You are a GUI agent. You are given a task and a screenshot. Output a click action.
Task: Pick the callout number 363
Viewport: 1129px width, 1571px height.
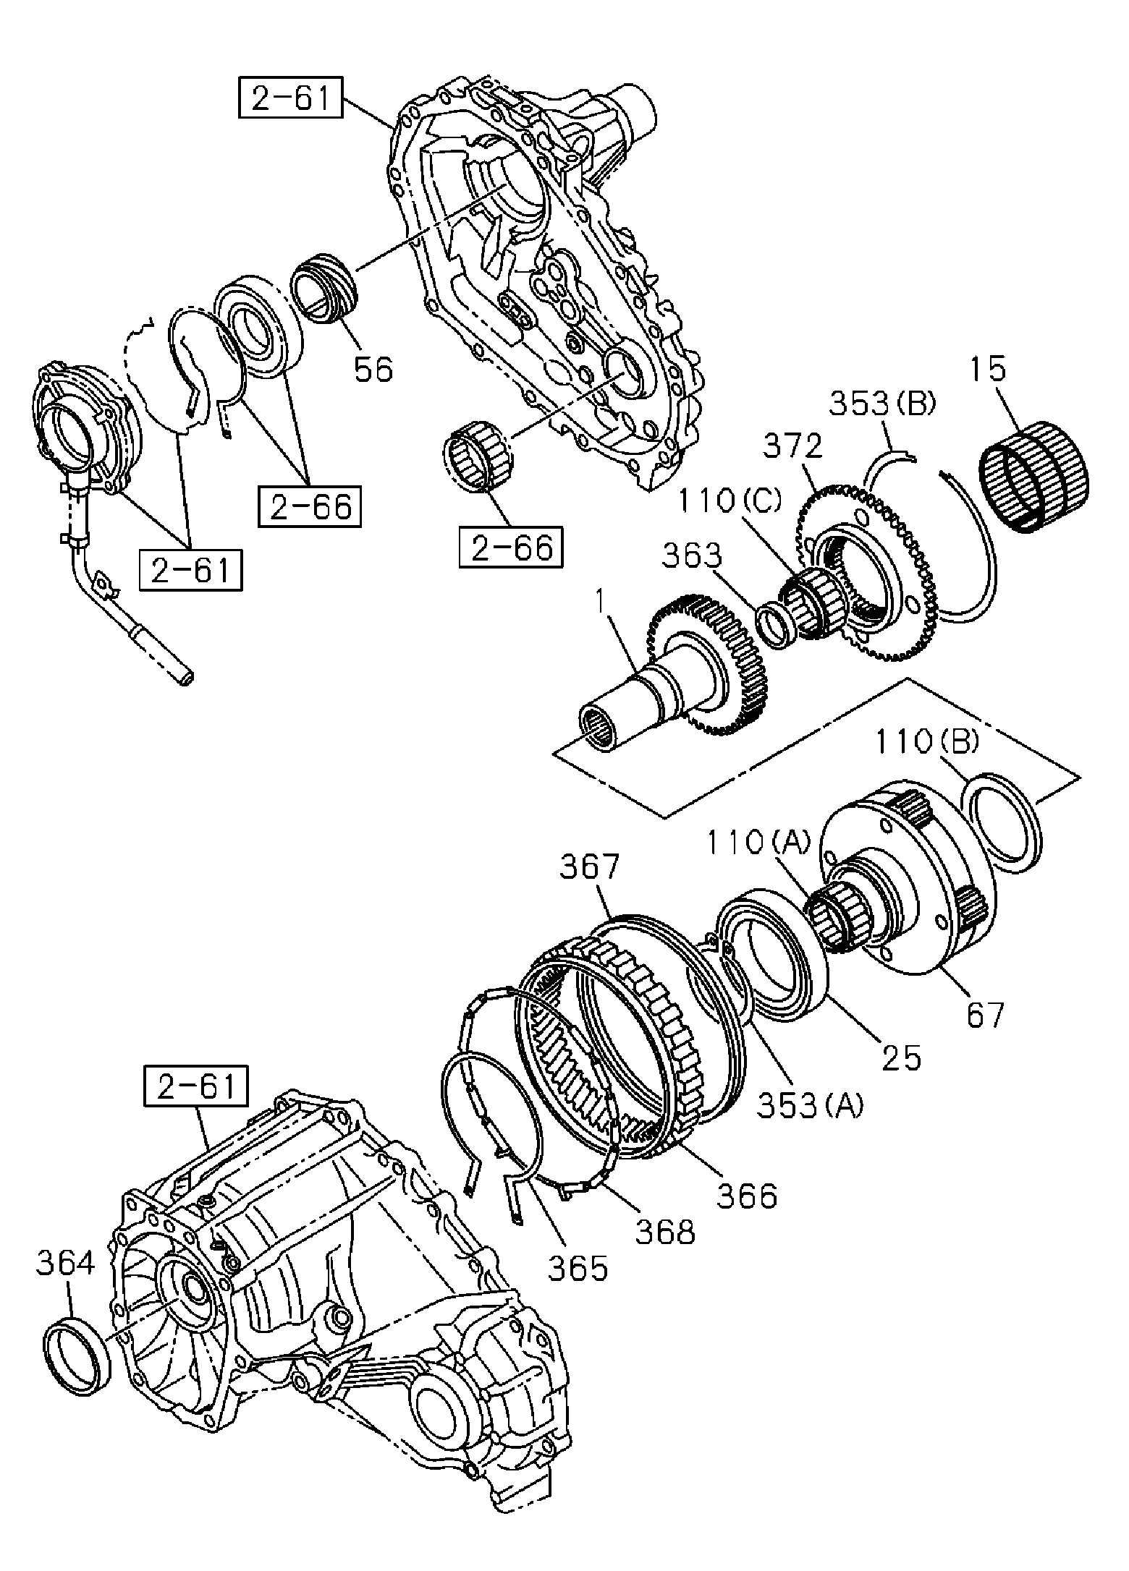click(692, 556)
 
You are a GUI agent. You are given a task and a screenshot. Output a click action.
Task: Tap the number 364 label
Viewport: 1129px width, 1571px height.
click(66, 1264)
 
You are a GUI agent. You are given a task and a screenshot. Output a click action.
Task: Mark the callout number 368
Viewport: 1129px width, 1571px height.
click(665, 1232)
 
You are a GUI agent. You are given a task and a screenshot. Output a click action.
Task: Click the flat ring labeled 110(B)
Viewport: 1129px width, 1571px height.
click(1003, 819)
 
